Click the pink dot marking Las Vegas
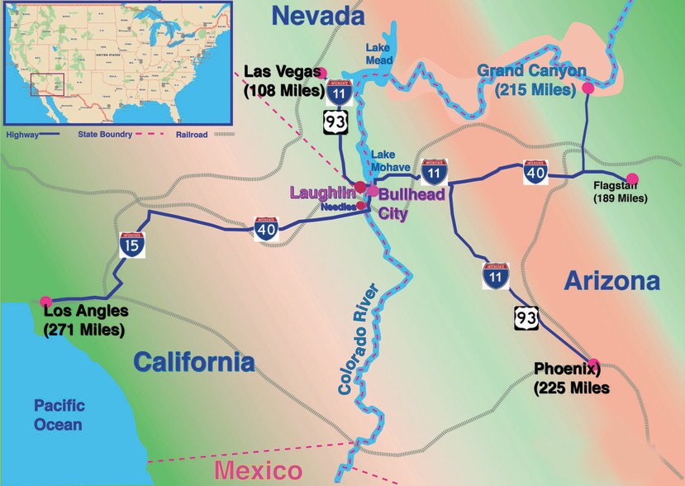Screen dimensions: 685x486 (x=323, y=72)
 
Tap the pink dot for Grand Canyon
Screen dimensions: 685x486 (x=588, y=88)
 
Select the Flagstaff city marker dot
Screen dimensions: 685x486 (x=632, y=179)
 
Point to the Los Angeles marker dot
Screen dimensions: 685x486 (x=45, y=301)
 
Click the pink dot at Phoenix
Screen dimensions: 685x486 (x=592, y=363)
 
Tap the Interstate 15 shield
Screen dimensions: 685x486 (x=131, y=244)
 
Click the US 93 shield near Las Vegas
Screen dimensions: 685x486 (x=335, y=122)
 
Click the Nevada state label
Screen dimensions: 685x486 (x=318, y=15)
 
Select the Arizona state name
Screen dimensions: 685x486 (x=612, y=281)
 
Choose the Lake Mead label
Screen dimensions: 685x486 (x=379, y=54)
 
